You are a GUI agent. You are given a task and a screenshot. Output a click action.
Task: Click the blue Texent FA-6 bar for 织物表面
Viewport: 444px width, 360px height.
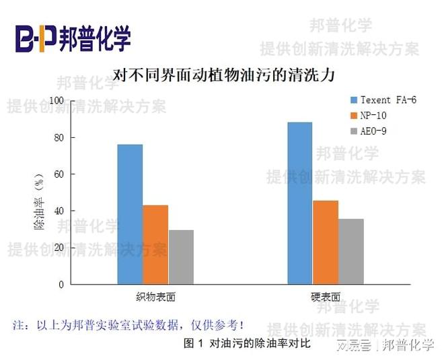[x=130, y=214]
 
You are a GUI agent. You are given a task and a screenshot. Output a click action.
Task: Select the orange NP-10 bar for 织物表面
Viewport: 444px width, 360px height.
[x=155, y=244]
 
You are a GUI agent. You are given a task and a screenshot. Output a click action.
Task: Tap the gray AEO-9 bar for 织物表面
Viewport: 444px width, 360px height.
[x=181, y=256]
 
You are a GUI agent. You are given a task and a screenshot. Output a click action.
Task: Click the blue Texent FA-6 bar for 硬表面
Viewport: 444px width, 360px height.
[x=300, y=203]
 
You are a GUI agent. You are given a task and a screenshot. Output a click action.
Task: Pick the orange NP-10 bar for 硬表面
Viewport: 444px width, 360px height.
[x=326, y=242]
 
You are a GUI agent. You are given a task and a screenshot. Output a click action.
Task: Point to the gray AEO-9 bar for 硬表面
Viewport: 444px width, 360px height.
[x=351, y=251]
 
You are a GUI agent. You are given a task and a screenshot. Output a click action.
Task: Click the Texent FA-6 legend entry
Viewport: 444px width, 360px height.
[x=383, y=100]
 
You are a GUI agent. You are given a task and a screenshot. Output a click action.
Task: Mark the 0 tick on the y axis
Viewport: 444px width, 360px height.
[x=61, y=284]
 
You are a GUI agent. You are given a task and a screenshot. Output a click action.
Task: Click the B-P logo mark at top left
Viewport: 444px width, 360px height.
[x=35, y=38]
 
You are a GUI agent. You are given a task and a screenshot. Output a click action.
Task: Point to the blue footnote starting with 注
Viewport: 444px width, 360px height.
[x=128, y=324]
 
